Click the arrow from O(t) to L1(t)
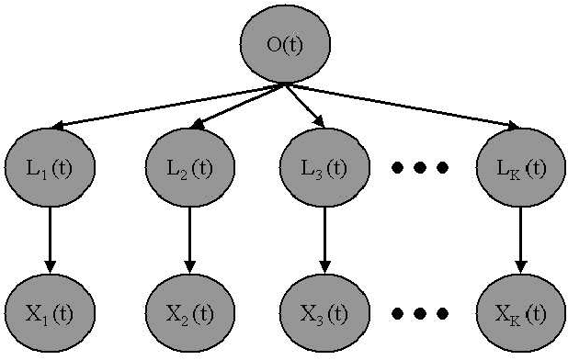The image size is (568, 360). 165,107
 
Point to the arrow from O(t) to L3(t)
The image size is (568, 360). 305,107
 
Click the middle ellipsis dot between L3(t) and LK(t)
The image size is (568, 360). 420,168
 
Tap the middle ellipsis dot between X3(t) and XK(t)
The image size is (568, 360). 420,313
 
